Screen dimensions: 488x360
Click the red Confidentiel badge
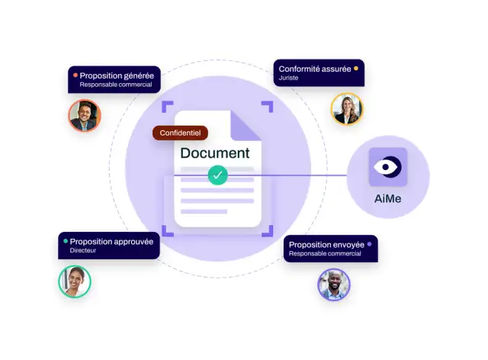coord(180,133)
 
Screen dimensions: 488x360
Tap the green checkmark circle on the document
coord(218,175)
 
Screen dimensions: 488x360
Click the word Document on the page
coord(215,153)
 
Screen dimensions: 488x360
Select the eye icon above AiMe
coord(388,167)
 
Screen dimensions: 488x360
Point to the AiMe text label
coord(388,198)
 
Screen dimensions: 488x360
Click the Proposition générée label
coord(117,76)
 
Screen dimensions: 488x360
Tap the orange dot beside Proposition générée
coord(75,75)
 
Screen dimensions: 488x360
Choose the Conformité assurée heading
coord(315,69)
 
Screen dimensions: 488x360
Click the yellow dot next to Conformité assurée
coord(356,69)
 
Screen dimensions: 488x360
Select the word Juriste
coord(288,78)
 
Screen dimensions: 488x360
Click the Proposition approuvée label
coord(111,242)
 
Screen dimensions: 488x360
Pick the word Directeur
coord(83,250)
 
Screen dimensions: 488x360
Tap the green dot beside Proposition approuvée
coord(66,241)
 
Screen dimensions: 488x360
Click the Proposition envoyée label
coord(326,245)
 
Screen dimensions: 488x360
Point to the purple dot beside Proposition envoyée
coord(369,244)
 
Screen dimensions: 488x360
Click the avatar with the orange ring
coord(85,115)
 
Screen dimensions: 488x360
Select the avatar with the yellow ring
coord(347,108)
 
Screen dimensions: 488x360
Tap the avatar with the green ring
coord(75,281)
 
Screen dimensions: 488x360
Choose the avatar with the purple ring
coord(334,284)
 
